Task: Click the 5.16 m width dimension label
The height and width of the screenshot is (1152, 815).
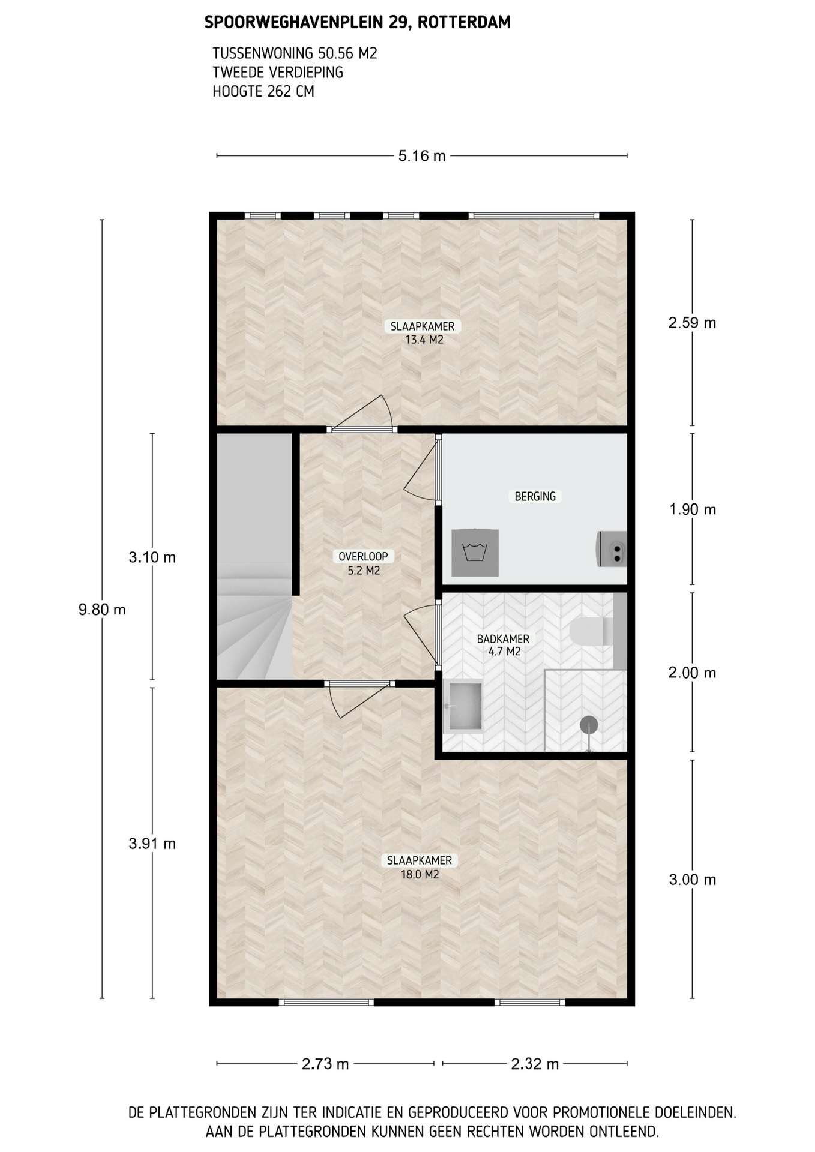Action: pos(422,156)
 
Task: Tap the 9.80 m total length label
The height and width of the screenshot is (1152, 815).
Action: pos(102,610)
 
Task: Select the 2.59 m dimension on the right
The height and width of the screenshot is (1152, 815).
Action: pos(692,323)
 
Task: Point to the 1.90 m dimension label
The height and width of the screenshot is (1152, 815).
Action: pos(693,509)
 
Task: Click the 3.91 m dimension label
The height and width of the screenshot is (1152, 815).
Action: pos(152,844)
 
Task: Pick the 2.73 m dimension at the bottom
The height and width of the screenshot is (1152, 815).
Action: pos(325,1064)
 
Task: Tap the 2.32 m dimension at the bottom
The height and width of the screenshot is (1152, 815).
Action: pos(535,1064)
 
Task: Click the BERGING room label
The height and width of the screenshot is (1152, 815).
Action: pos(535,496)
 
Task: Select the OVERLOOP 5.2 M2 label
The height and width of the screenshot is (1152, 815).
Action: pos(364,563)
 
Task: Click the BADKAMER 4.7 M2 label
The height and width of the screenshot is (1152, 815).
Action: pos(504,645)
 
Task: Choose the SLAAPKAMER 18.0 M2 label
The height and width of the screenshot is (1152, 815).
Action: pos(420,868)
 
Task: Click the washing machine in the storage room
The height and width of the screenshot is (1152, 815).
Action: pos(475,553)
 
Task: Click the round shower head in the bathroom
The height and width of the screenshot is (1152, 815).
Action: pos(589,725)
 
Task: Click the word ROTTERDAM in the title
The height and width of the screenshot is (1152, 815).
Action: pos(464,23)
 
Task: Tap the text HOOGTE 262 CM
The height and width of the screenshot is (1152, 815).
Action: pos(263,92)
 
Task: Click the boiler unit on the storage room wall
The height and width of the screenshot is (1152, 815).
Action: pos(612,549)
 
